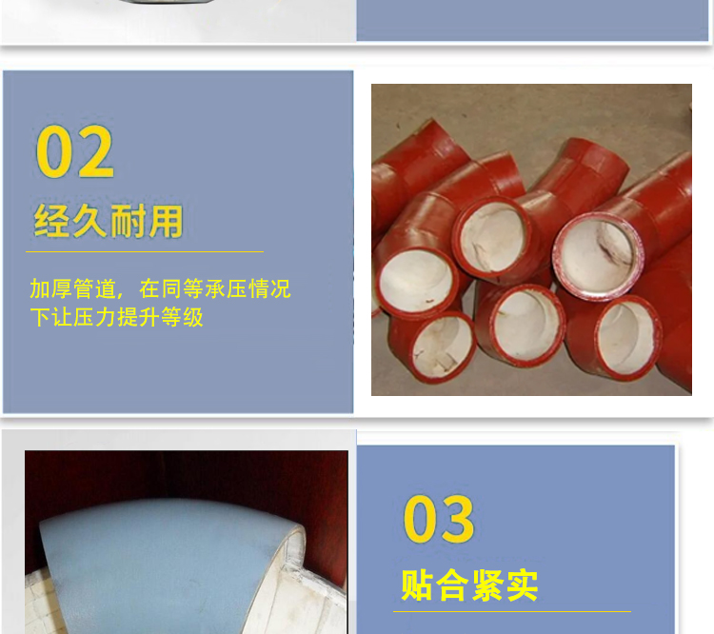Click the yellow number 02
tap(75, 151)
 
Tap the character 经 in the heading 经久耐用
tap(52, 221)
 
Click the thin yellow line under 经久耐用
tap(145, 251)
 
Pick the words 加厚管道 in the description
tap(73, 288)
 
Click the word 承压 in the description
tap(226, 288)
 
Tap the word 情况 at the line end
tap(269, 288)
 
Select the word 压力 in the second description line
tap(94, 317)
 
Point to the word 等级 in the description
tap(182, 317)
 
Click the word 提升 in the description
tap(138, 317)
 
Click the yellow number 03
tap(439, 519)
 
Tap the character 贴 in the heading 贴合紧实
tap(416, 585)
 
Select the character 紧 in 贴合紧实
tap(487, 585)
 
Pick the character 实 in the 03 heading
tap(522, 585)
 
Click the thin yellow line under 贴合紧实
tap(512, 611)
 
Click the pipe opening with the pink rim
tap(598, 257)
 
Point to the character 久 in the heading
tap(89, 221)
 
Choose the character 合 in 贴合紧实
tap(451, 585)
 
